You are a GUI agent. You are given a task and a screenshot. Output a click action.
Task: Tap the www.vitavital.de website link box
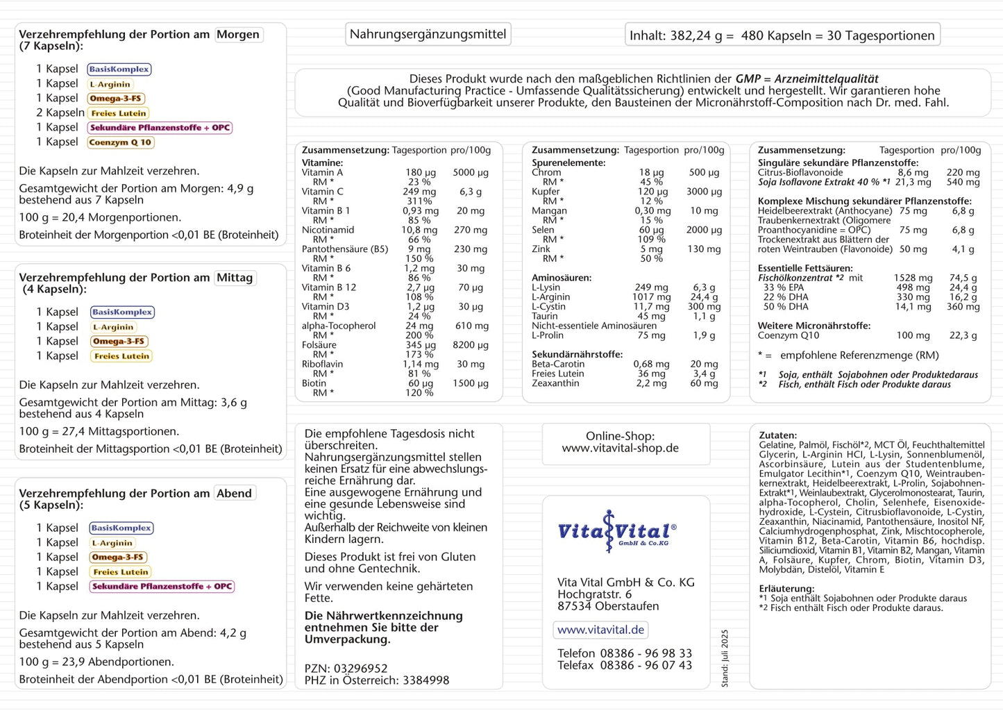coord(601,630)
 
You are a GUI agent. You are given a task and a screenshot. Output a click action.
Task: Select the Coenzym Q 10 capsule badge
coord(120,142)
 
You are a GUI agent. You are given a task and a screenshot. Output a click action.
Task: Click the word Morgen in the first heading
coord(238,35)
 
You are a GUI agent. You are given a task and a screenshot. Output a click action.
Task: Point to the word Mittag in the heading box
coord(235,278)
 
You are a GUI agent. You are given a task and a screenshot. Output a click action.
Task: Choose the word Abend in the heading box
coord(235,494)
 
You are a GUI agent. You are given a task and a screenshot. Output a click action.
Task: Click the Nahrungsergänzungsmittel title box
coord(428,34)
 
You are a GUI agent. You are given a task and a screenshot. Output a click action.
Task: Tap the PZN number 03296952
coord(360,669)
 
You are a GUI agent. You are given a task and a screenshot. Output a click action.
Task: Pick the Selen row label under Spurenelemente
coord(543,230)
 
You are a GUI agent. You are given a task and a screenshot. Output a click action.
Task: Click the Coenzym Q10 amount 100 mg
coord(913,335)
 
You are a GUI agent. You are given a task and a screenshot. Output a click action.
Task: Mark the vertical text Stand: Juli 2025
coord(725,658)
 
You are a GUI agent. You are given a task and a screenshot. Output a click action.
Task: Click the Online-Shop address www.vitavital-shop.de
coord(621,448)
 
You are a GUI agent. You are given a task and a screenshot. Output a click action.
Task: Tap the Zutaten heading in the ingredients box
coord(777,435)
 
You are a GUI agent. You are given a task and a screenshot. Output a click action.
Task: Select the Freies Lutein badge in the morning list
coord(119,113)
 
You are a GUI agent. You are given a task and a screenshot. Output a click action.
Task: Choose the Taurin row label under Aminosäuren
coord(545,316)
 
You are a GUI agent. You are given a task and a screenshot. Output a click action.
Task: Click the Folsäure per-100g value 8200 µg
coord(471,345)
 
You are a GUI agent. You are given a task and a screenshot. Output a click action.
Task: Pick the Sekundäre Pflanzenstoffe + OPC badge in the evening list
coord(162,587)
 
